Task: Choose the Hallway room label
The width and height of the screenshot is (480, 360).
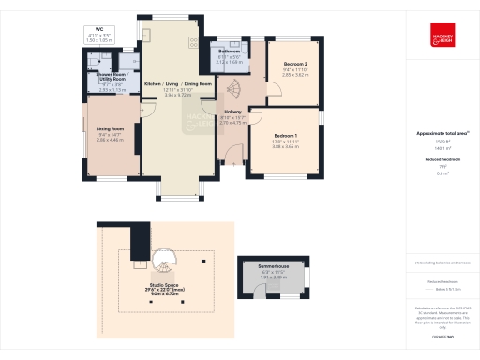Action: point(232,112)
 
